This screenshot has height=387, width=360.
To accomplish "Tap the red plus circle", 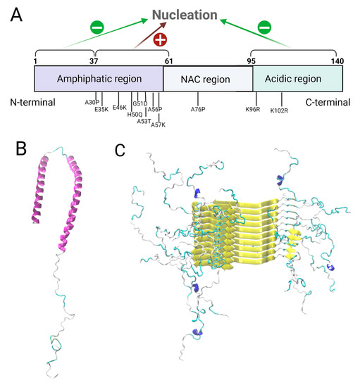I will (160, 39).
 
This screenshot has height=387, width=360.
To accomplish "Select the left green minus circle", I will (97, 27).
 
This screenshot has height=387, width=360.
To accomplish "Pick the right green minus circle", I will (263, 27).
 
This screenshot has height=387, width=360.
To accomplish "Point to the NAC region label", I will (206, 80).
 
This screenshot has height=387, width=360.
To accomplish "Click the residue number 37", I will (95, 61).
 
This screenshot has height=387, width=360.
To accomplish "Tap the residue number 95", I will (252, 61).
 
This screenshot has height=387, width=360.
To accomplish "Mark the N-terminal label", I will (33, 102).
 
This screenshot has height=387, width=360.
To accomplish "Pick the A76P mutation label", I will (199, 109).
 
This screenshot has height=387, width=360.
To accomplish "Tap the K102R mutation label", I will (280, 110).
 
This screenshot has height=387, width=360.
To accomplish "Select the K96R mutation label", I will (252, 109).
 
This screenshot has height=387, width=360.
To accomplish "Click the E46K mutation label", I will (119, 108).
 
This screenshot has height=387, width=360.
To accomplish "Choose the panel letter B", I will (21, 149).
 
